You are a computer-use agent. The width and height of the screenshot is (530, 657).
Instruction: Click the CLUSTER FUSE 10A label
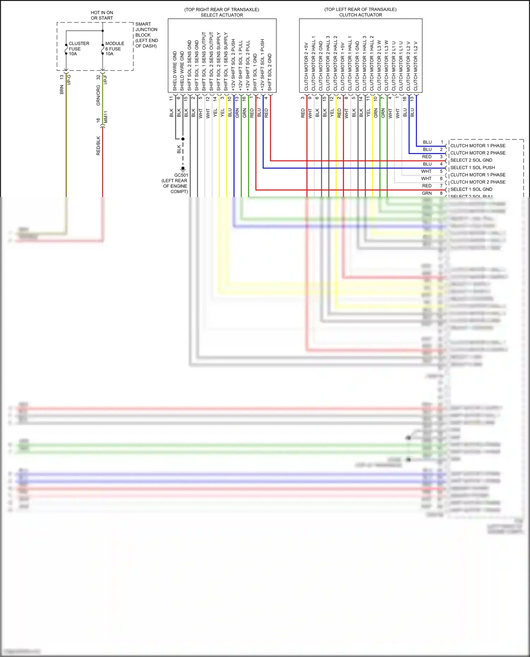tap(78, 49)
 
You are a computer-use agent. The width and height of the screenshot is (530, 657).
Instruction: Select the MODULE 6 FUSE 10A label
tap(114, 49)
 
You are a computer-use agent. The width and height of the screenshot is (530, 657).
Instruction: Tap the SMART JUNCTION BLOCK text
tap(146, 35)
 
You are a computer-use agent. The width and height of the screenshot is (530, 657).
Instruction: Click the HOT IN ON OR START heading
tap(102, 15)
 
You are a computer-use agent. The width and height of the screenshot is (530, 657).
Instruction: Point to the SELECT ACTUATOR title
tap(222, 15)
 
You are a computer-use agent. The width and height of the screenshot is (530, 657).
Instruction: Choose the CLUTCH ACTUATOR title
tap(360, 15)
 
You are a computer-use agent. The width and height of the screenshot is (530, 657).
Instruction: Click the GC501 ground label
tap(181, 175)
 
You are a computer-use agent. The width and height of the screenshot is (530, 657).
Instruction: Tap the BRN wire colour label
tap(62, 89)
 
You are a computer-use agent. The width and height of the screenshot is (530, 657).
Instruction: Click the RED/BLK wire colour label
tap(98, 146)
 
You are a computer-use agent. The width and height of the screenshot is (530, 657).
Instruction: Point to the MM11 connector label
tap(106, 117)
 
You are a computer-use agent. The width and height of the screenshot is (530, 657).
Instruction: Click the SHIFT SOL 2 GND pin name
tap(270, 72)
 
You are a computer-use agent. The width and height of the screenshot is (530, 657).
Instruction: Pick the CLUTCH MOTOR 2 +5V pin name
tap(306, 67)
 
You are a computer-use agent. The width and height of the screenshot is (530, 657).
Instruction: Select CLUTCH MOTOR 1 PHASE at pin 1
tap(478, 146)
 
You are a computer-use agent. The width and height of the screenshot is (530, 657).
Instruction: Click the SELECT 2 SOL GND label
tap(471, 160)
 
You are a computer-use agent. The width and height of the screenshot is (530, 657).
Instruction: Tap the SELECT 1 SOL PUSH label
tap(472, 168)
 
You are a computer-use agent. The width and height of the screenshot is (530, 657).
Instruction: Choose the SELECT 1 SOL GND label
tap(471, 190)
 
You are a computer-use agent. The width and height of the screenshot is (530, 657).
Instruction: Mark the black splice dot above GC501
tap(183, 139)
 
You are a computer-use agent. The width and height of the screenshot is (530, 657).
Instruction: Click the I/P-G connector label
tap(69, 80)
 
